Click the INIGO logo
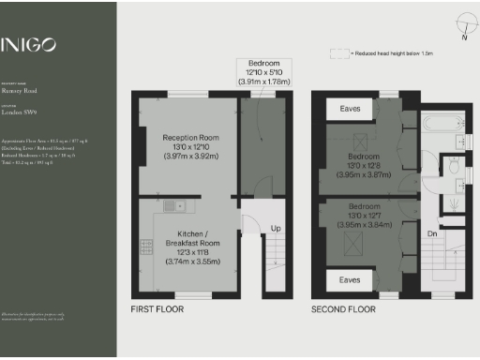pyautogui.click(x=28, y=44)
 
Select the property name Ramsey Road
pyautogui.click(x=20, y=94)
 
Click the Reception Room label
pyautogui.click(x=190, y=138)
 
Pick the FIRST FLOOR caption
pyautogui.click(x=157, y=308)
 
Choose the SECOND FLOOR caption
pyautogui.click(x=343, y=308)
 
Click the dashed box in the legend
pyautogui.click(x=337, y=52)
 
